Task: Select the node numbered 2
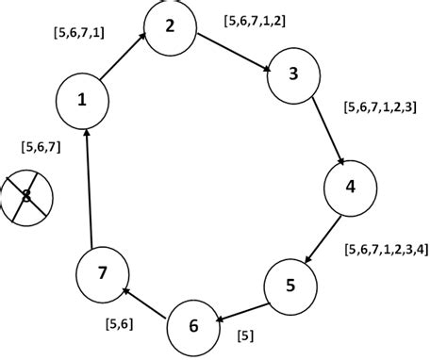[170, 26]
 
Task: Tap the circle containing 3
[294, 76]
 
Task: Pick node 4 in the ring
[351, 187]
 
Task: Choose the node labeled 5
[290, 285]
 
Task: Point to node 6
[194, 326]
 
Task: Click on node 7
[102, 274]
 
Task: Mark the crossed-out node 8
[26, 197]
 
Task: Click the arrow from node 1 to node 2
[124, 58]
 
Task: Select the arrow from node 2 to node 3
[235, 50]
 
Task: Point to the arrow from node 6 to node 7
[148, 302]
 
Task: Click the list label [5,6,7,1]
[80, 33]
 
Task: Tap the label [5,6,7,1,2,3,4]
[387, 250]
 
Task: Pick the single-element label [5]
[245, 335]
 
